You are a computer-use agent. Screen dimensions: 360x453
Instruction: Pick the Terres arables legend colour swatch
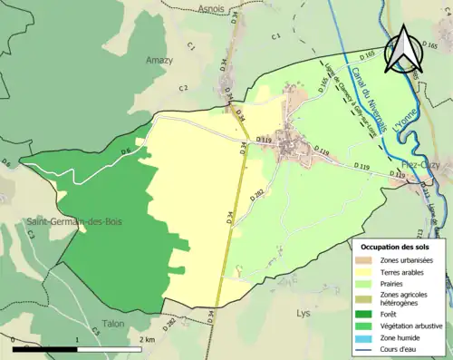(x=367, y=272)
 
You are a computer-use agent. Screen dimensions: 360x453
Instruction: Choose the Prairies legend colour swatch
(x=367, y=284)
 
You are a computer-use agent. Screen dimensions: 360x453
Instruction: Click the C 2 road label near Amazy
(x=184, y=87)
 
